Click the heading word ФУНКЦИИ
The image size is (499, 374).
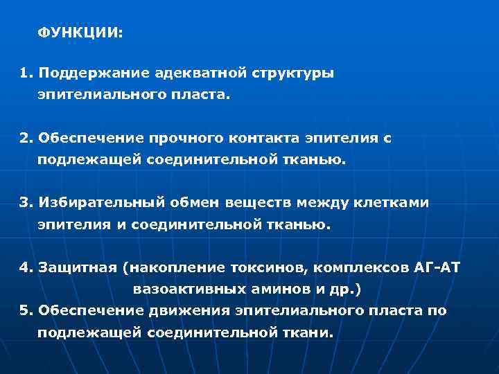click(x=78, y=33)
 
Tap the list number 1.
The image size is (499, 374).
click(x=25, y=72)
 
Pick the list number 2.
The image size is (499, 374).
click(x=25, y=138)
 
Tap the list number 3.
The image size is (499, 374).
click(x=25, y=203)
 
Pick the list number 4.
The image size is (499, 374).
click(x=25, y=268)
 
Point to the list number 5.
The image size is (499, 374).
click(x=25, y=310)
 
